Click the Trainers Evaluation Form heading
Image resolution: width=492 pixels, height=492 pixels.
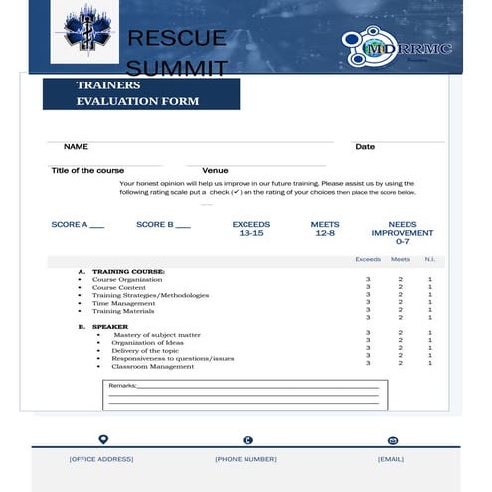[x=138, y=93]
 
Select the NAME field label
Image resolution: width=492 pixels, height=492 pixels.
[x=77, y=147]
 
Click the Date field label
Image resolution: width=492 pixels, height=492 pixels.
[x=365, y=147]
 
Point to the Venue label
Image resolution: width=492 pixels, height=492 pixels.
[x=215, y=171]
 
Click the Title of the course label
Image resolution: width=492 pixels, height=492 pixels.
[x=88, y=171]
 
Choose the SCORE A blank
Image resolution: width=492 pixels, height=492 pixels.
[x=78, y=225]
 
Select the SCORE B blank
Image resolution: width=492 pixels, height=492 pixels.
[x=163, y=225]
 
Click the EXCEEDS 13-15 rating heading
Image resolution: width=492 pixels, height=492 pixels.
[x=251, y=229]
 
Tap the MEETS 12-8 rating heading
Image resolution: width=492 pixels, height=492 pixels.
[x=325, y=229]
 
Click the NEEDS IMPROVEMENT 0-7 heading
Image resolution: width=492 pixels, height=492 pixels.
[x=402, y=233]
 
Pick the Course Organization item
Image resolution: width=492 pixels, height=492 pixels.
[x=127, y=280]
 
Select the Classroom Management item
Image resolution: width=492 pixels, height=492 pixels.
[x=153, y=366]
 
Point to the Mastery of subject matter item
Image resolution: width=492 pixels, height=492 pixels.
[x=157, y=335]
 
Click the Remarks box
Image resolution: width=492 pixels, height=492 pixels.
[x=245, y=395]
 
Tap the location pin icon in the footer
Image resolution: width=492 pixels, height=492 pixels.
[x=102, y=440]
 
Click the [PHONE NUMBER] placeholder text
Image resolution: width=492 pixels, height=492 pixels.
[x=246, y=459]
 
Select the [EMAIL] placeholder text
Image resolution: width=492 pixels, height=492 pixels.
[x=391, y=459]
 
